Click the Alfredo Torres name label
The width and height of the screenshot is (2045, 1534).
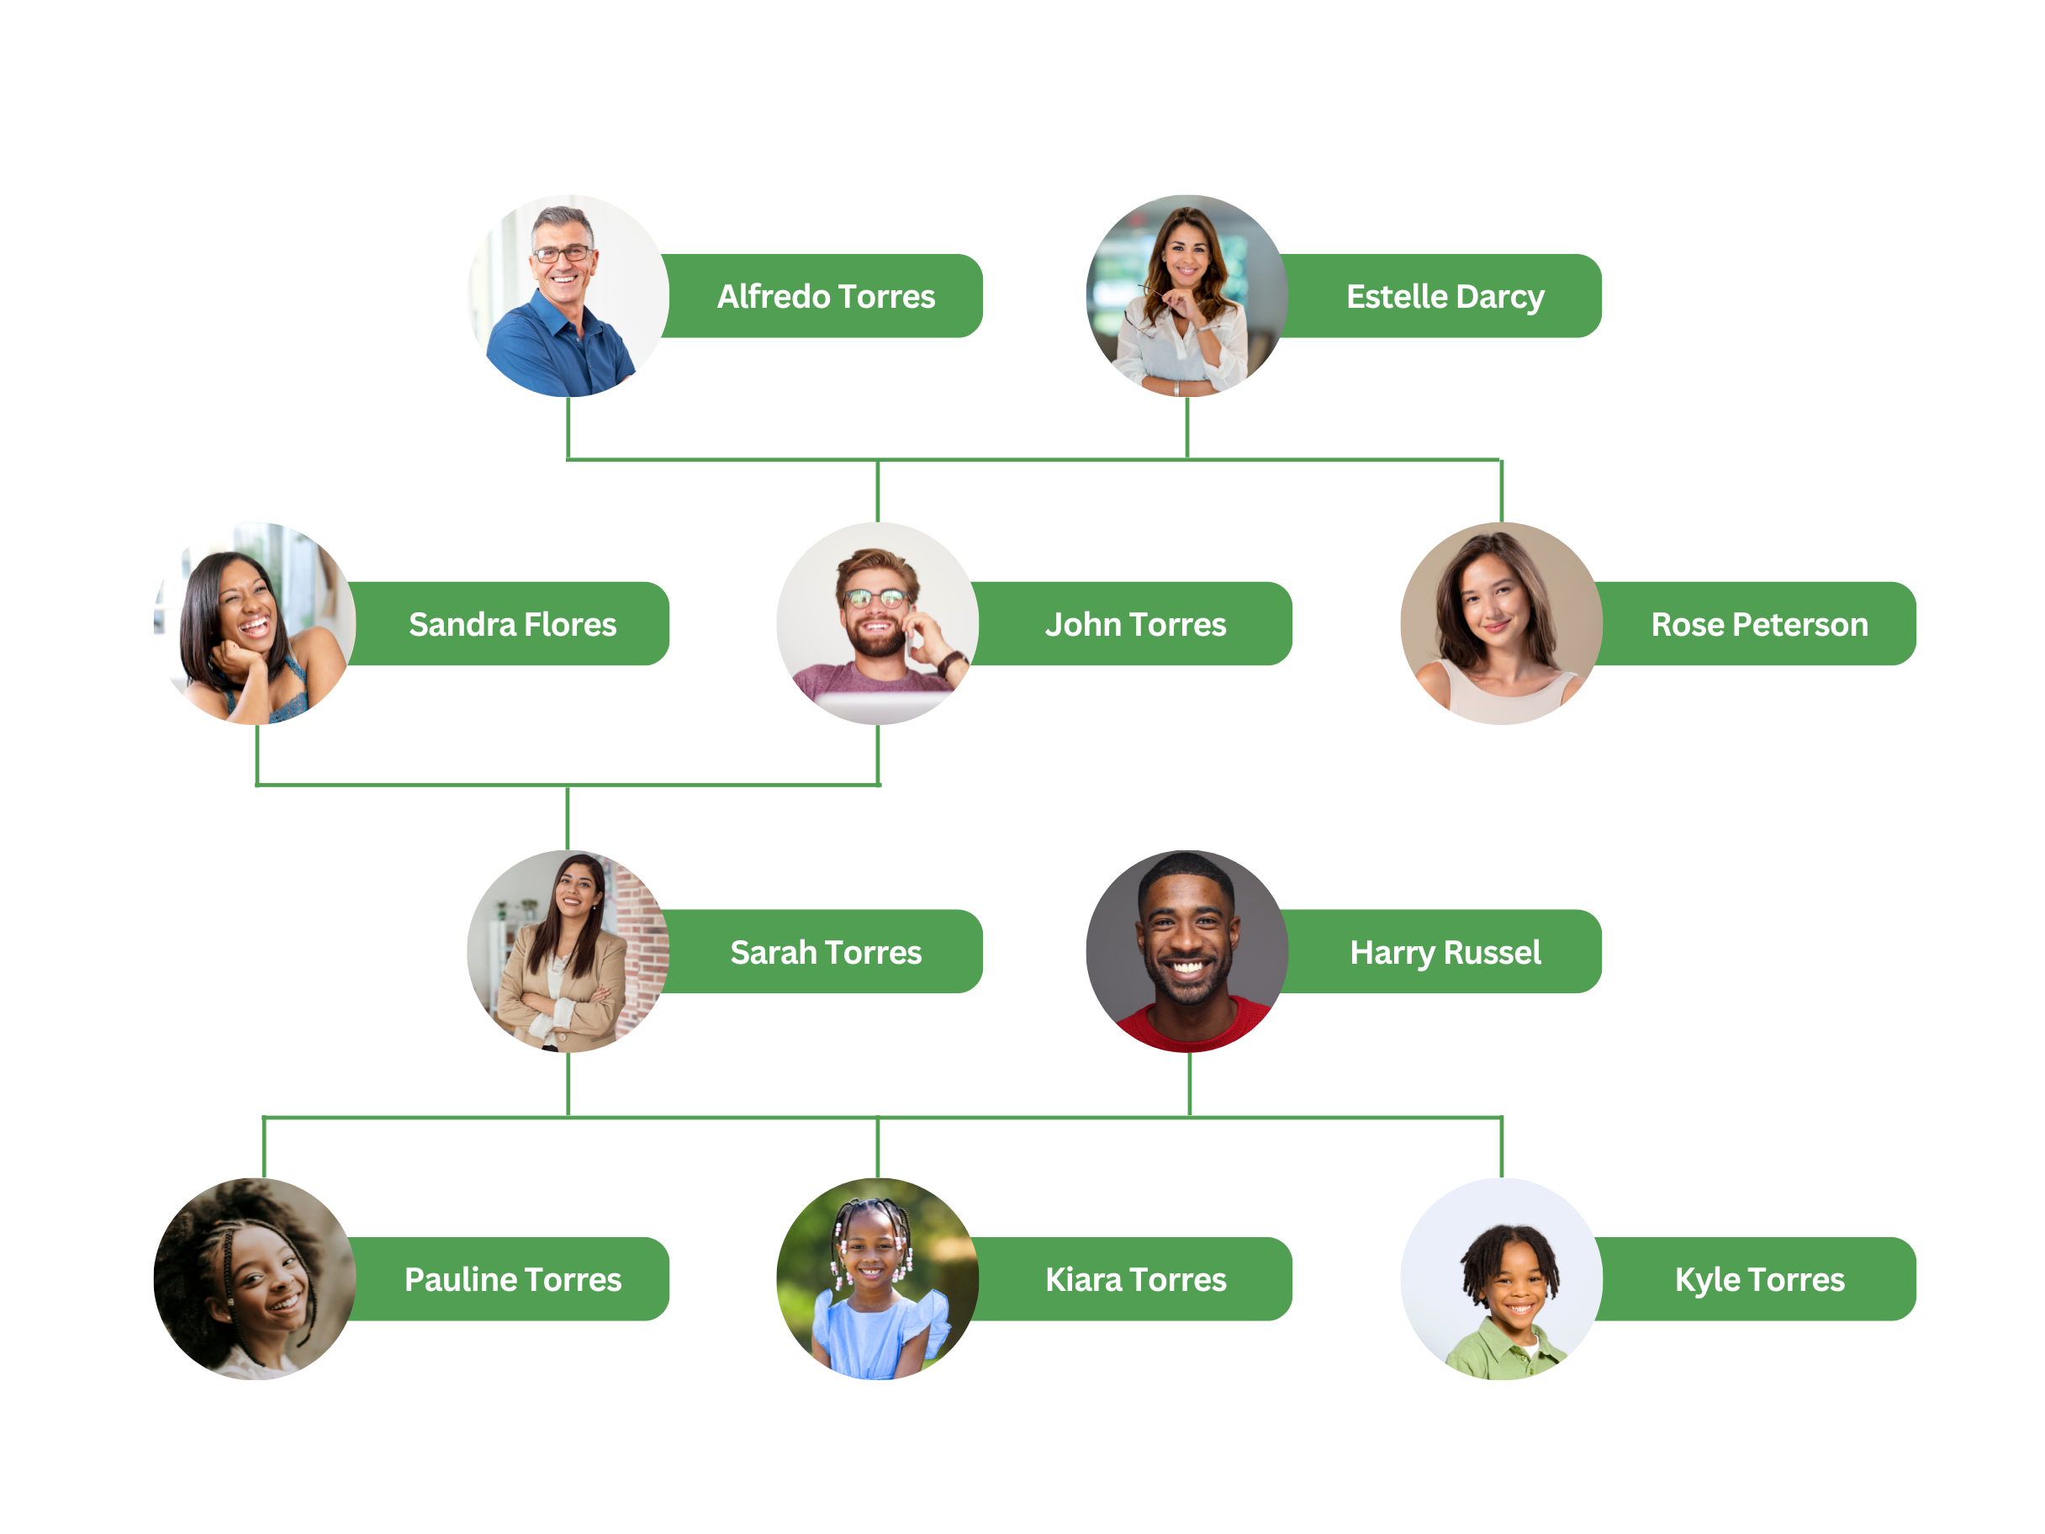826,297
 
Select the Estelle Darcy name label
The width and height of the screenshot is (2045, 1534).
1444,297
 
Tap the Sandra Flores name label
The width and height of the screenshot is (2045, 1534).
512,625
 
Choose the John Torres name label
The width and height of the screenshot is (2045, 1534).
1135,625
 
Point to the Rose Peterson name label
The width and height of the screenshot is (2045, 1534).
1758,625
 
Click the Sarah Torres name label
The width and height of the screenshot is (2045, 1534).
826,952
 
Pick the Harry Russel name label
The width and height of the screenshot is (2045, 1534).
1444,952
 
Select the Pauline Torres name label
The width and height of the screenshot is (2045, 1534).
512,1280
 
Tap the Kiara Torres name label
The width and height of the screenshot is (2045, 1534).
1135,1280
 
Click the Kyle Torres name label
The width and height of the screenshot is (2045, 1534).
1758,1280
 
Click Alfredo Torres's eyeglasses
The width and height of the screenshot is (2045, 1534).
561,253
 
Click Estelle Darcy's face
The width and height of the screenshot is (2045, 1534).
1186,251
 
